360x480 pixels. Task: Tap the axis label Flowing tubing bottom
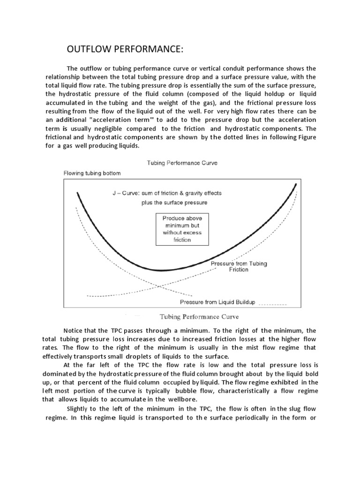(x=92, y=173)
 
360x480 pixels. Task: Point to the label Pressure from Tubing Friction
(x=239, y=266)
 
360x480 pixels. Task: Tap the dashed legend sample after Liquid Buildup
(x=272, y=304)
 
